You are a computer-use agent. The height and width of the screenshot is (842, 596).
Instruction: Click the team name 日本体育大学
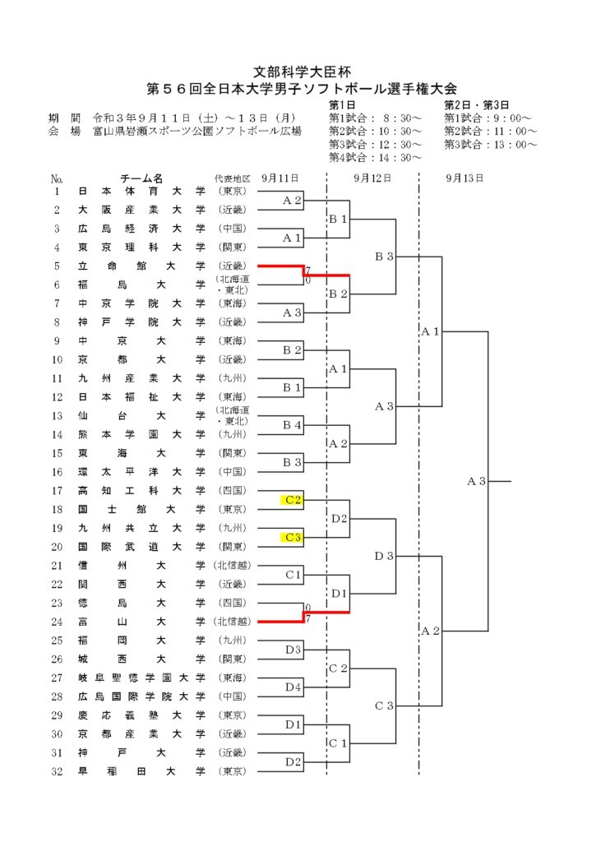point(141,191)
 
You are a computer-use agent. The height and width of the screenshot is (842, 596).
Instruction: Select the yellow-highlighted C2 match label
point(292,500)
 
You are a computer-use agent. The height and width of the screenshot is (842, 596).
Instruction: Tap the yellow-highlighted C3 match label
point(292,537)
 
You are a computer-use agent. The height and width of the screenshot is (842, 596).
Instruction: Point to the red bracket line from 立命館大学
point(304,270)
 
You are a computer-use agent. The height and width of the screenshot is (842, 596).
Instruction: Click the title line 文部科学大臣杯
point(302,72)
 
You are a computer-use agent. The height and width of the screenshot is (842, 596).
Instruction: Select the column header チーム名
point(141,178)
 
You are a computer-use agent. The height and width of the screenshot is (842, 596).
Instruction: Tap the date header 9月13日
point(464,178)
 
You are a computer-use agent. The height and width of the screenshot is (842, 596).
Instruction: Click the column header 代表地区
point(233,178)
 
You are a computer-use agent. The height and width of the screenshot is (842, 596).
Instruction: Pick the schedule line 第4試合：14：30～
point(376,157)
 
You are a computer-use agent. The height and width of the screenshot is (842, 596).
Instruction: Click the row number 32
point(57,771)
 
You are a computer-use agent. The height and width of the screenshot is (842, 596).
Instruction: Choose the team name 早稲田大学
point(141,771)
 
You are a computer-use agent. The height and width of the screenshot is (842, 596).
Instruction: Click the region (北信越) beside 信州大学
point(233,566)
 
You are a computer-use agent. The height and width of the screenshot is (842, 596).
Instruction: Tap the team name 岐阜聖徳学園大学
point(141,678)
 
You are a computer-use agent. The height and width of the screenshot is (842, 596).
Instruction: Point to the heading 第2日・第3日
point(476,105)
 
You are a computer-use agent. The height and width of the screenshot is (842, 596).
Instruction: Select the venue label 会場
point(64,131)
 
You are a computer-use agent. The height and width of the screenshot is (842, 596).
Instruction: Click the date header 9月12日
point(372,178)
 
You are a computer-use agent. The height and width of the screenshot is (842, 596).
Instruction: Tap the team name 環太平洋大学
point(141,472)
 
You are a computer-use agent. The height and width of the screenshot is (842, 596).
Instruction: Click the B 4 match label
point(292,425)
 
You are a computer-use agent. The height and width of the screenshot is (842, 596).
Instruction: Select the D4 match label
point(293,687)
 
